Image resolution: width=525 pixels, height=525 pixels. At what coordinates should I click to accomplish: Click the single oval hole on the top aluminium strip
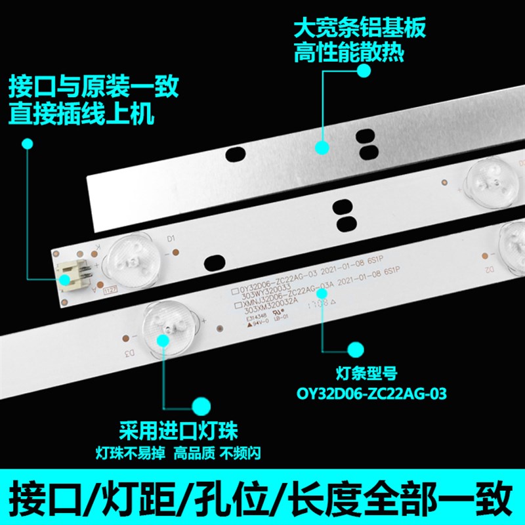(x=232, y=155)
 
